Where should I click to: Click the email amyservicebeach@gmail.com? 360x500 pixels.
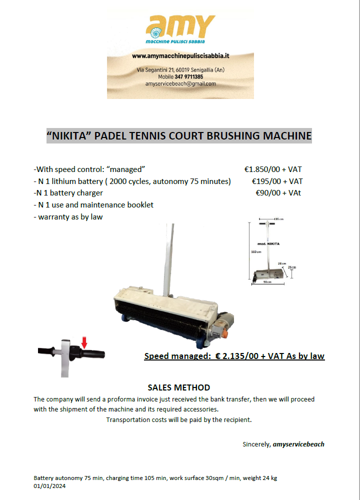pyautogui.click(x=180, y=84)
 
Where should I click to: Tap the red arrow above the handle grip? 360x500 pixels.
pyautogui.click(x=84, y=342)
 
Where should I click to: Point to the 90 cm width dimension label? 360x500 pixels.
pyautogui.click(x=266, y=282)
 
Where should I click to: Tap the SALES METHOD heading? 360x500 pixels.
pyautogui.click(x=179, y=387)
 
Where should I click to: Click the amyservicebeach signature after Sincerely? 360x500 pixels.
pyautogui.click(x=298, y=444)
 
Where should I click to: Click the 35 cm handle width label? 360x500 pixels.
pyautogui.click(x=278, y=219)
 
